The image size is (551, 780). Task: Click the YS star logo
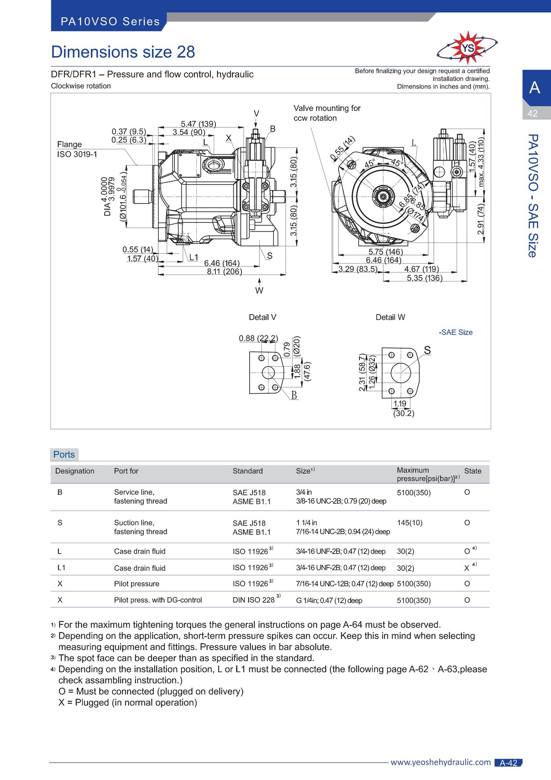pyautogui.click(x=467, y=48)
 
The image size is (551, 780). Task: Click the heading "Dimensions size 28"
pyautogui.click(x=123, y=52)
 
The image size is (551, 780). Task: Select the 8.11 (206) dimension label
pyautogui.click(x=225, y=271)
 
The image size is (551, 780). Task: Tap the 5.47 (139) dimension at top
pyautogui.click(x=198, y=124)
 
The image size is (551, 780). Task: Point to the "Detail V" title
pyautogui.click(x=263, y=317)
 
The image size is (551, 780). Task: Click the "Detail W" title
pyautogui.click(x=390, y=317)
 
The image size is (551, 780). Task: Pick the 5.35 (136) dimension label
pyautogui.click(x=425, y=278)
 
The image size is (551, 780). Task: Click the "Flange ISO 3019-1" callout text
pyautogui.click(x=77, y=149)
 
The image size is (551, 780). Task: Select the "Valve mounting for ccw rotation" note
pyautogui.click(x=327, y=113)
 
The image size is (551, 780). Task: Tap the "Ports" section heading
pyautogui.click(x=64, y=454)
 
